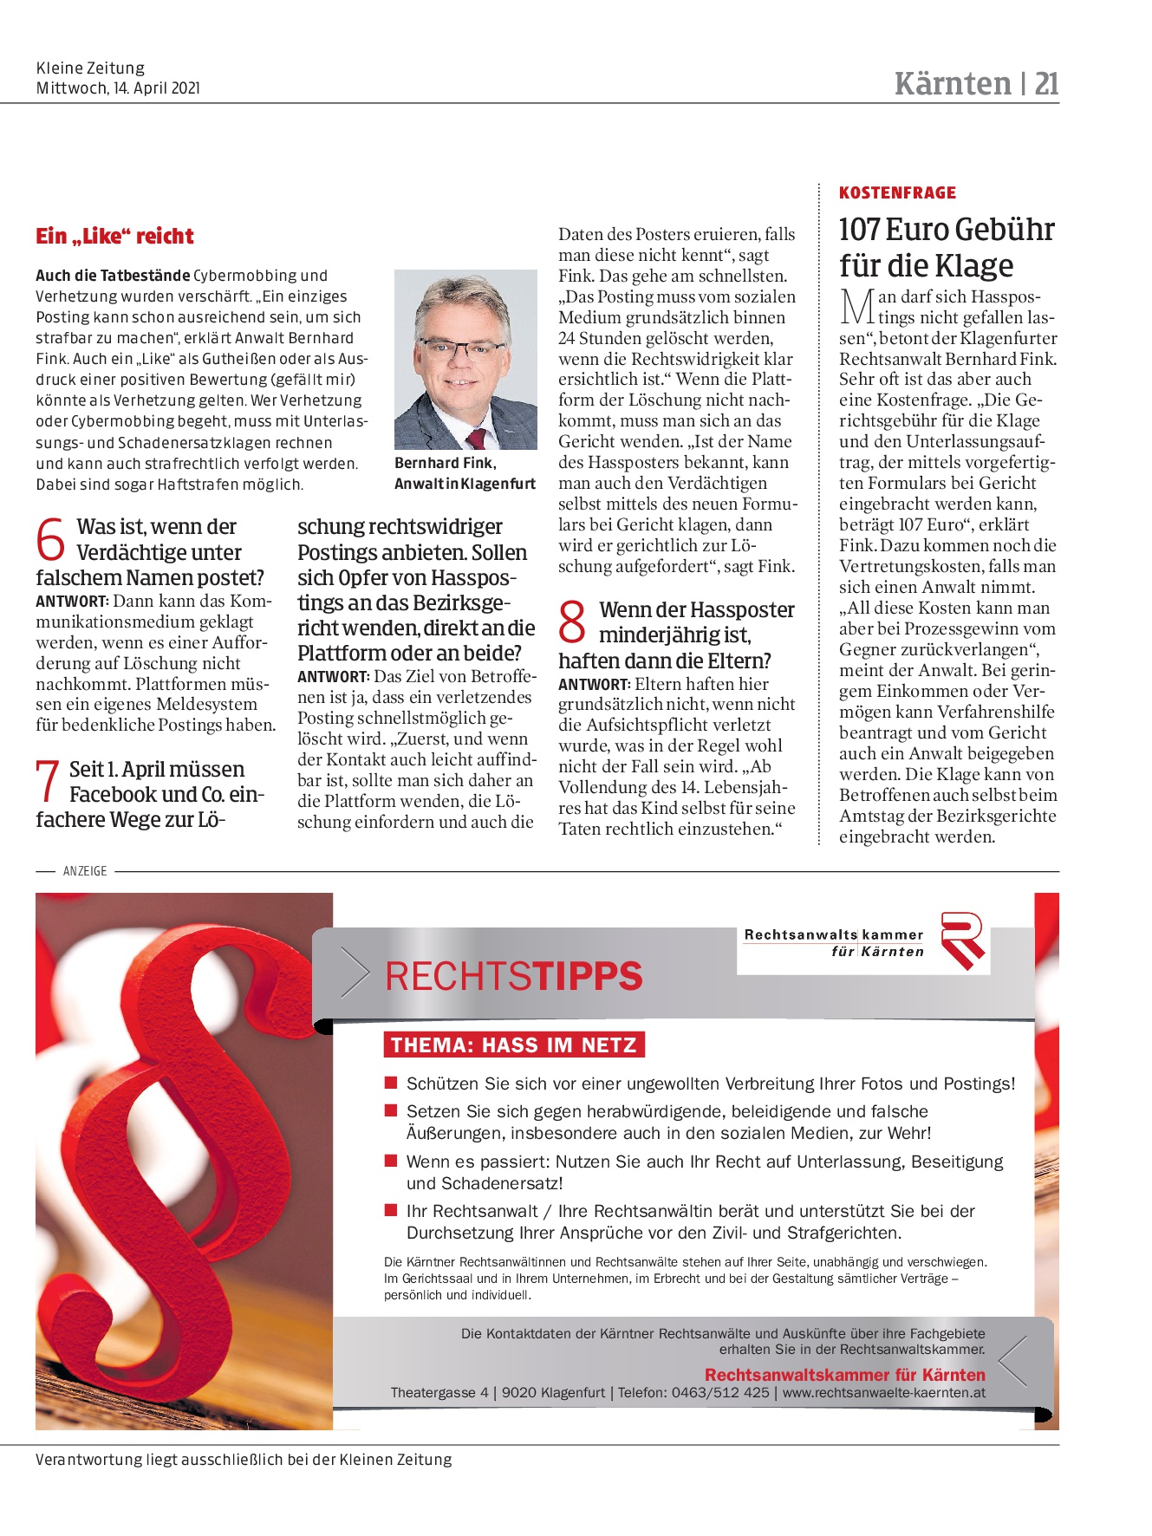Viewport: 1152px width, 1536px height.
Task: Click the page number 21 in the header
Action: click(x=1046, y=84)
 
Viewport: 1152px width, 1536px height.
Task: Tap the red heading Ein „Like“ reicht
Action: click(x=114, y=237)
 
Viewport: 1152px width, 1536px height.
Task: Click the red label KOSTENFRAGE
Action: click(x=897, y=193)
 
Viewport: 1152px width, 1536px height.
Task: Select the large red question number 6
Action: click(x=51, y=539)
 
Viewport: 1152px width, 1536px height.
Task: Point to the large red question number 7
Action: click(x=48, y=781)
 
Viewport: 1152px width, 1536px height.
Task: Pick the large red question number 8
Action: click(x=573, y=622)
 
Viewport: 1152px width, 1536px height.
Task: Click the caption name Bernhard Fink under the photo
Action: click(x=445, y=463)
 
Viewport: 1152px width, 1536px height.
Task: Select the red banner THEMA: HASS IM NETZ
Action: click(x=514, y=1045)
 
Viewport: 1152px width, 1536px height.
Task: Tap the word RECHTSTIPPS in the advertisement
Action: click(x=513, y=977)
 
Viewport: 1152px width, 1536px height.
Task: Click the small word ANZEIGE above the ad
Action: click(x=85, y=871)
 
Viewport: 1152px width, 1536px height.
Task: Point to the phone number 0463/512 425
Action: click(x=718, y=1393)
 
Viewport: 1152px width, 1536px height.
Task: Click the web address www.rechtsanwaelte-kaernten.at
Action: click(x=883, y=1393)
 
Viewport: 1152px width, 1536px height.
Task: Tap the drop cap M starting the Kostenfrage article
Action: click(x=856, y=307)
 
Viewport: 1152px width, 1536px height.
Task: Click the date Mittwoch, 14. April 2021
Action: click(x=118, y=88)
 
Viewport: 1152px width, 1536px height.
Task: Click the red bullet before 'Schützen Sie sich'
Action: click(x=391, y=1083)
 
